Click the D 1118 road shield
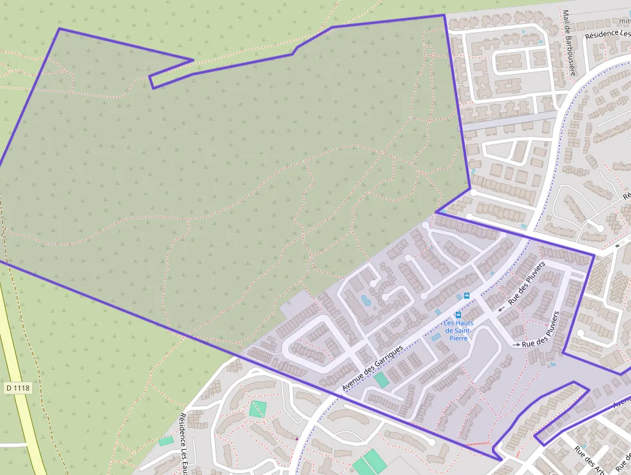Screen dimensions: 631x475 [x=18, y=388]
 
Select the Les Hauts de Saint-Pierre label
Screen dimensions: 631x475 [x=458, y=330]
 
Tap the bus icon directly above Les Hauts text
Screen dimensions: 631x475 [x=458, y=315]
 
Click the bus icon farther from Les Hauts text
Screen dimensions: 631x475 [x=467, y=296]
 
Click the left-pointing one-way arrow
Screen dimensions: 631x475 [x=501, y=309]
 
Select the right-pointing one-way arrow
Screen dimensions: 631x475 [x=516, y=345]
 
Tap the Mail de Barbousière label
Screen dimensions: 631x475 [x=568, y=42]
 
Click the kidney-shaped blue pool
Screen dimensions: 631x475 [x=366, y=300]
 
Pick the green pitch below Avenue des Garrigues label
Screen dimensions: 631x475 [x=382, y=380]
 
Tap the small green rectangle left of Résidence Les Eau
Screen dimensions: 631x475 [x=166, y=441]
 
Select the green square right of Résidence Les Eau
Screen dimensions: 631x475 [x=258, y=409]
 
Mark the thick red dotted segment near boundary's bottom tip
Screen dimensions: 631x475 [x=477, y=444]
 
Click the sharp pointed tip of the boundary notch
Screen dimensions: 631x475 [x=193, y=61]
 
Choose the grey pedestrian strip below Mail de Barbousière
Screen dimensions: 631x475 [x=509, y=120]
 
